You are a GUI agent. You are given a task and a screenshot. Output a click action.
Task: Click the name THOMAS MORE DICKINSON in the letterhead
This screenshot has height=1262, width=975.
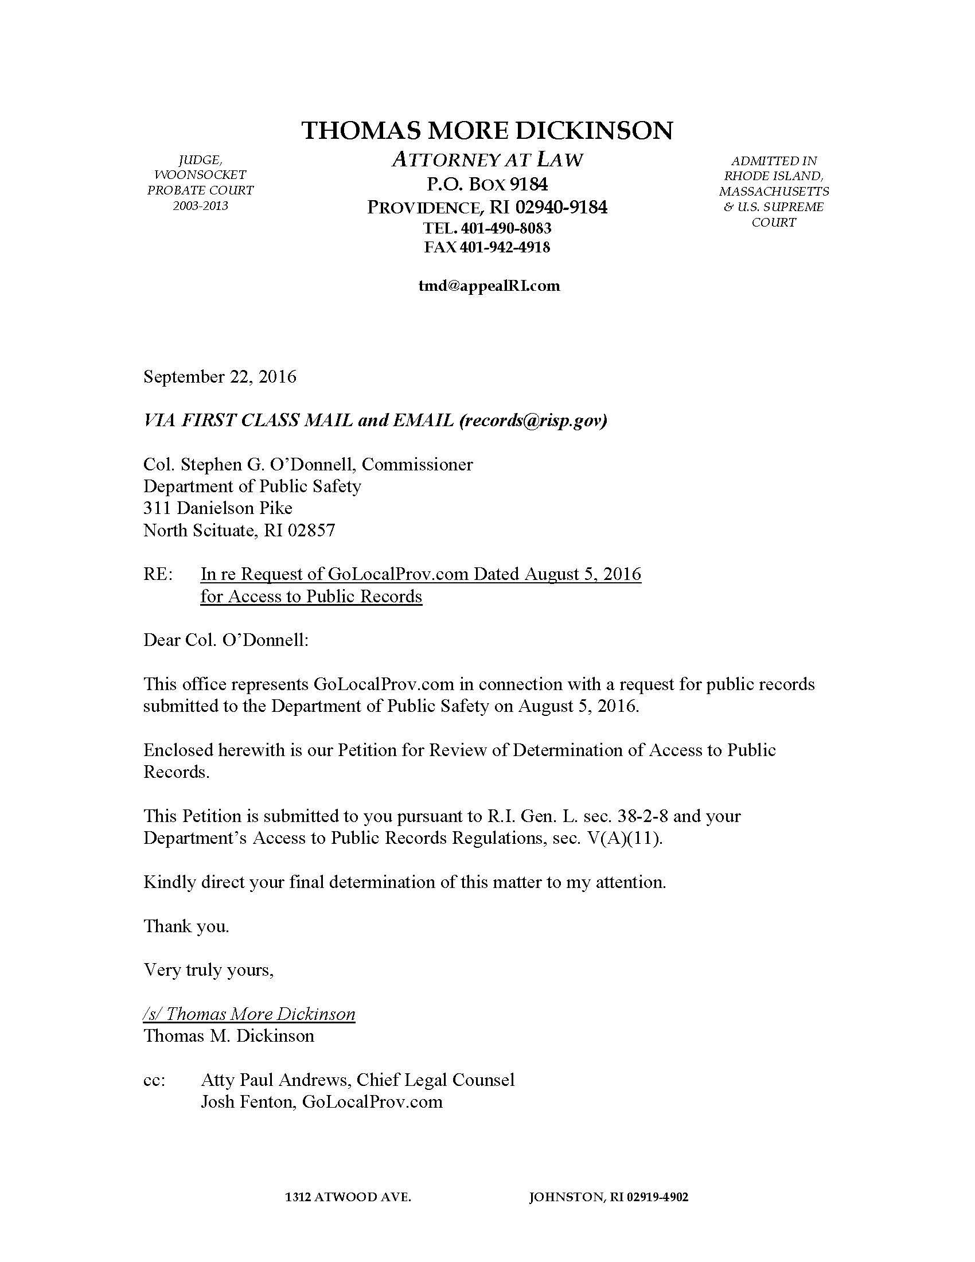[487, 131]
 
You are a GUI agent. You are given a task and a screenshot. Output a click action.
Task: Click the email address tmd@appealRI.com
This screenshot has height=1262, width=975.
[489, 286]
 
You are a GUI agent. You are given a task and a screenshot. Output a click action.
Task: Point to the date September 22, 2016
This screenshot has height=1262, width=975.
[220, 377]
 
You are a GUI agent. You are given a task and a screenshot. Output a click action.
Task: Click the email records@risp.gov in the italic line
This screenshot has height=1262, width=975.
[532, 420]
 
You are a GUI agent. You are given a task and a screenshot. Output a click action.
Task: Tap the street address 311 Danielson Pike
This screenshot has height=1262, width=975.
[218, 508]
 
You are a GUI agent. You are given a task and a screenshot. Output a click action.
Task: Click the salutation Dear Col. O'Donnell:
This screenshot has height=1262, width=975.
[226, 640]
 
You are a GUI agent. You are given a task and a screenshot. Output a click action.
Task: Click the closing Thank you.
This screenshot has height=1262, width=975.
[186, 926]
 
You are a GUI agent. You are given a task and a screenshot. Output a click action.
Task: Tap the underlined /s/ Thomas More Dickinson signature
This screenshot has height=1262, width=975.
[249, 1014]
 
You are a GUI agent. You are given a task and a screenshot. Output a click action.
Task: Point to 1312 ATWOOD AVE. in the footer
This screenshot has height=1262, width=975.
[348, 1197]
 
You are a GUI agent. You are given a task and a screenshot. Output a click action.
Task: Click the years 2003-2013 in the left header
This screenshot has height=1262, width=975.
[200, 206]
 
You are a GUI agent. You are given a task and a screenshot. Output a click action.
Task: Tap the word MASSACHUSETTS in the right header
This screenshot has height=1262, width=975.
[774, 191]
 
